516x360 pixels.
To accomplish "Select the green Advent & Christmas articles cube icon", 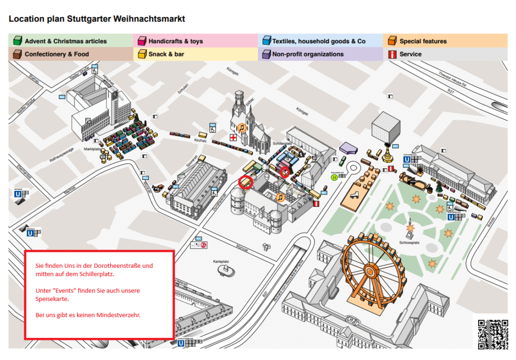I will click(18, 41).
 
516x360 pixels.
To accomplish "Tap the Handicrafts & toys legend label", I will click(175, 41).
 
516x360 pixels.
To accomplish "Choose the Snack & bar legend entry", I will click(166, 54).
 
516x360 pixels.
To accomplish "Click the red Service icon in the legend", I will click(392, 54).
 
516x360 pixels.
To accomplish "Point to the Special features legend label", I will click(423, 41).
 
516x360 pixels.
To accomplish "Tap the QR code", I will click(493, 333).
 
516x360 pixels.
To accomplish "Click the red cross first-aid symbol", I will click(233, 137).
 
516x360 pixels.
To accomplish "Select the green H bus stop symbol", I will click(334, 177).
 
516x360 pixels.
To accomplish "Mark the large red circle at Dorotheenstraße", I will click(246, 181).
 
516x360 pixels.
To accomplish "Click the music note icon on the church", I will click(242, 127).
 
